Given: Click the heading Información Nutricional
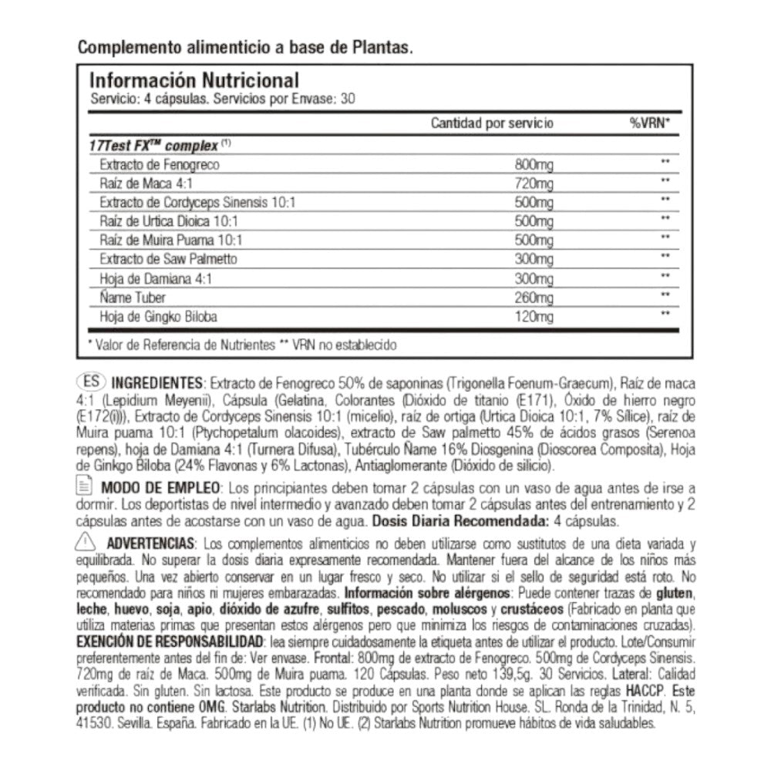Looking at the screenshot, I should tap(194, 81).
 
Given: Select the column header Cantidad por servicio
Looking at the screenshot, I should tap(491, 123).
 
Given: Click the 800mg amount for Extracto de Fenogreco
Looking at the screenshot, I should tap(534, 165).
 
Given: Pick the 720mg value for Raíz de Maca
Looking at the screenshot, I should tap(534, 184).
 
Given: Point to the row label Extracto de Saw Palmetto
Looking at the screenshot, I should tap(169, 258).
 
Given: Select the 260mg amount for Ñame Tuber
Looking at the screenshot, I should tap(534, 297).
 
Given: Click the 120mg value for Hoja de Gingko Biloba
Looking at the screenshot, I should tap(534, 316).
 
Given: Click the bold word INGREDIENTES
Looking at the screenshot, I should tap(157, 383).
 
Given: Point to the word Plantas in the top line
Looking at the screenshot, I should tap(379, 46).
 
